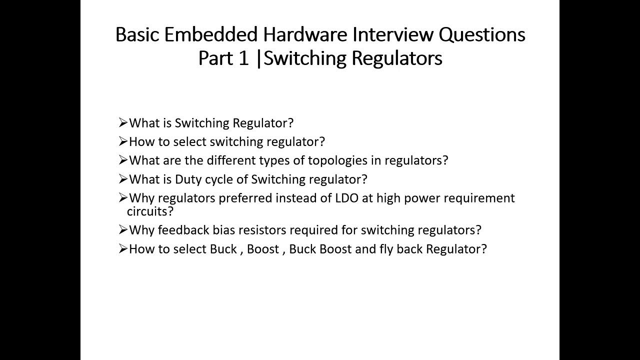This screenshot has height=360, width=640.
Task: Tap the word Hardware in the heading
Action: coord(305,34)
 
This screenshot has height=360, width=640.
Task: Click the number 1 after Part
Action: coord(243,58)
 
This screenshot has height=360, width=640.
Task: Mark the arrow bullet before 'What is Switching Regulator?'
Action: coord(123,122)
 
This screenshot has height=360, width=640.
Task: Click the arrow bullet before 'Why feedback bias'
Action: coord(123,230)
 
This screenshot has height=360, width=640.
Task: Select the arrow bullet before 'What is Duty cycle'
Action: coord(123,179)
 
